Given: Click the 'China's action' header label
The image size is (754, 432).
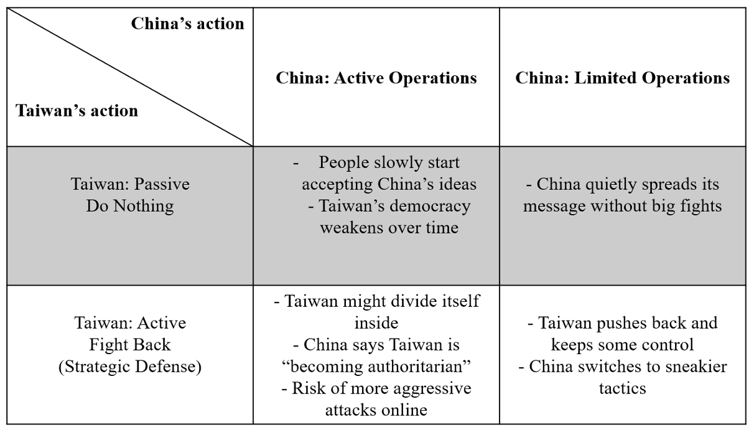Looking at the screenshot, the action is [187, 24].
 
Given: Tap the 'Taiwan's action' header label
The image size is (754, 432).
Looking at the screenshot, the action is [77, 111].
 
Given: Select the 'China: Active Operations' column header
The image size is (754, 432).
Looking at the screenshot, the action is [376, 78].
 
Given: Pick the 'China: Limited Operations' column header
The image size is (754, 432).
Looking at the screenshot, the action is [622, 78].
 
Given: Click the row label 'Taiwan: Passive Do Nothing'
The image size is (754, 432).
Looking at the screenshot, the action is [130, 195].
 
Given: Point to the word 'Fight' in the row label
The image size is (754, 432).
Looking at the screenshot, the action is [109, 345].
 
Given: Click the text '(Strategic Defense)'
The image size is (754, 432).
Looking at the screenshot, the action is [130, 367].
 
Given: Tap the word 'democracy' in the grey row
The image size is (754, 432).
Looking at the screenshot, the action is [430, 206].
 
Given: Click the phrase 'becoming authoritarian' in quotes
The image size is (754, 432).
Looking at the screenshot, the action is [376, 367].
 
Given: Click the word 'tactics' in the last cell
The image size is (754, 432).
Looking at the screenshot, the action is [622, 388].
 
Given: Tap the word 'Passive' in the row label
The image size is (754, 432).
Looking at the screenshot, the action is [162, 184].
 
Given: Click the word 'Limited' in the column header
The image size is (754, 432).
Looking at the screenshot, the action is [605, 78].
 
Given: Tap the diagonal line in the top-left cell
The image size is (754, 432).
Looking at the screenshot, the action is [130, 77].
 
